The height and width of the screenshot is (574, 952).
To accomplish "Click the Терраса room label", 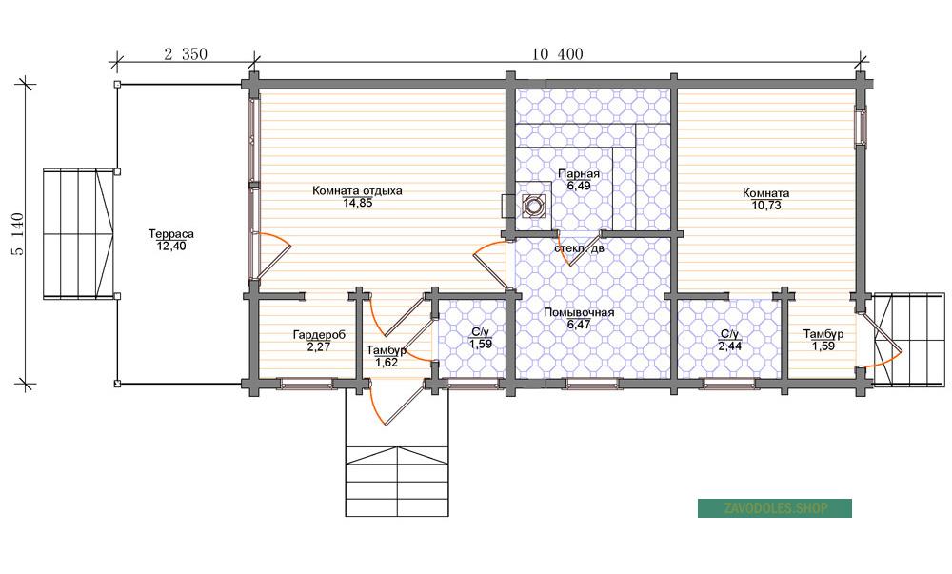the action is pos(171,233).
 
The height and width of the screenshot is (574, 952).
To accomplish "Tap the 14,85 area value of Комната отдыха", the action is pos(358,204).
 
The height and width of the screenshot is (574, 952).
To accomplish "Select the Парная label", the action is pos(579,174).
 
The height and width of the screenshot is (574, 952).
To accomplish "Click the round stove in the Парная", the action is pos(532,206).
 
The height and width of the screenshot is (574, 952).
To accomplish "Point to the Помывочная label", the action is pos(579,312).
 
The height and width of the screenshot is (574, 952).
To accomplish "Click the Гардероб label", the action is pos(319,334).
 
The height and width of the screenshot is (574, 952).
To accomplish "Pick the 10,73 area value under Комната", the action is pos(766,206).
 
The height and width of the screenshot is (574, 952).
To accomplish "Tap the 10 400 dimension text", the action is pos(557,54).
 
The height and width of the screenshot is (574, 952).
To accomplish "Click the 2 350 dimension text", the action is pos(186,54).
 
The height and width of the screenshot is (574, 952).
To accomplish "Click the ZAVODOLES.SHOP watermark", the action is pos(775,508).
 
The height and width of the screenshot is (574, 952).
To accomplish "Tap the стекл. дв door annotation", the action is pos(579,248).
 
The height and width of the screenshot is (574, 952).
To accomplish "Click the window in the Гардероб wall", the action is pos(307,383).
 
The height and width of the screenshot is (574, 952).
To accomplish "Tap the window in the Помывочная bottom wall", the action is pos(592,383).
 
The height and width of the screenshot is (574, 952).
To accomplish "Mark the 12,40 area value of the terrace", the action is pos(171,247).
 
